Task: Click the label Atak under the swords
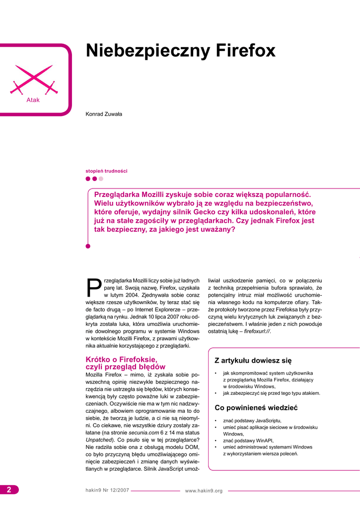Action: (x=33, y=100)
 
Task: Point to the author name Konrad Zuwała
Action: (x=104, y=114)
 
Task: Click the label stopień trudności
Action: (x=106, y=171)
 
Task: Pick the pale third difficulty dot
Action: (x=101, y=179)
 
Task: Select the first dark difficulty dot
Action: (x=88, y=179)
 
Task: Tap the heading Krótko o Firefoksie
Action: (x=121, y=359)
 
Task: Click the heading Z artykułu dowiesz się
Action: (x=253, y=360)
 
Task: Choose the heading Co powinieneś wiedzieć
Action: (x=256, y=408)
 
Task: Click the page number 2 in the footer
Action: (x=9, y=490)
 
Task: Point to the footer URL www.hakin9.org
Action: (x=204, y=491)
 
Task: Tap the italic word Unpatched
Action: (x=98, y=440)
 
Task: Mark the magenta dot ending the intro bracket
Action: (x=88, y=246)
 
